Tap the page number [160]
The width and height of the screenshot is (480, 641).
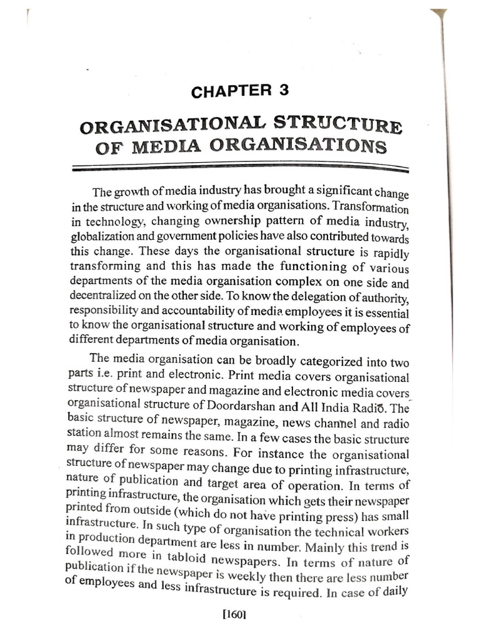pyautogui.click(x=236, y=615)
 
